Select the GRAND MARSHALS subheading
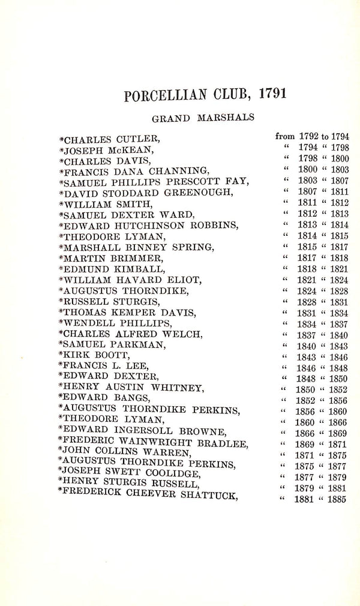pos(205,118)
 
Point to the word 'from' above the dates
pos(286,138)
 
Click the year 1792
pos(311,138)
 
